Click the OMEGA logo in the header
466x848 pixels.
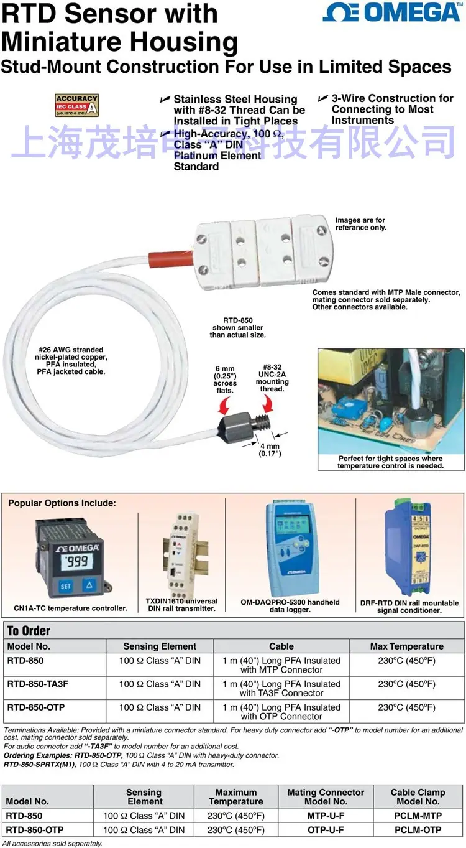[392, 12]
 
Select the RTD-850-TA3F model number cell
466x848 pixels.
[38, 684]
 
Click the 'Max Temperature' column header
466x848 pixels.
[406, 646]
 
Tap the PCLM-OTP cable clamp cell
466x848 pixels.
[418, 830]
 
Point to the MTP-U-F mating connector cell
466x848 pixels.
[326, 815]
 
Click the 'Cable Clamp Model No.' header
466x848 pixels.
[418, 797]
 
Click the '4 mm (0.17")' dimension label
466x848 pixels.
[270, 450]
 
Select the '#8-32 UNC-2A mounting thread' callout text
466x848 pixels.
[272, 378]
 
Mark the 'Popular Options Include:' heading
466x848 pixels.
[62, 503]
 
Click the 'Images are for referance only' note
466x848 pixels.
[360, 224]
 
